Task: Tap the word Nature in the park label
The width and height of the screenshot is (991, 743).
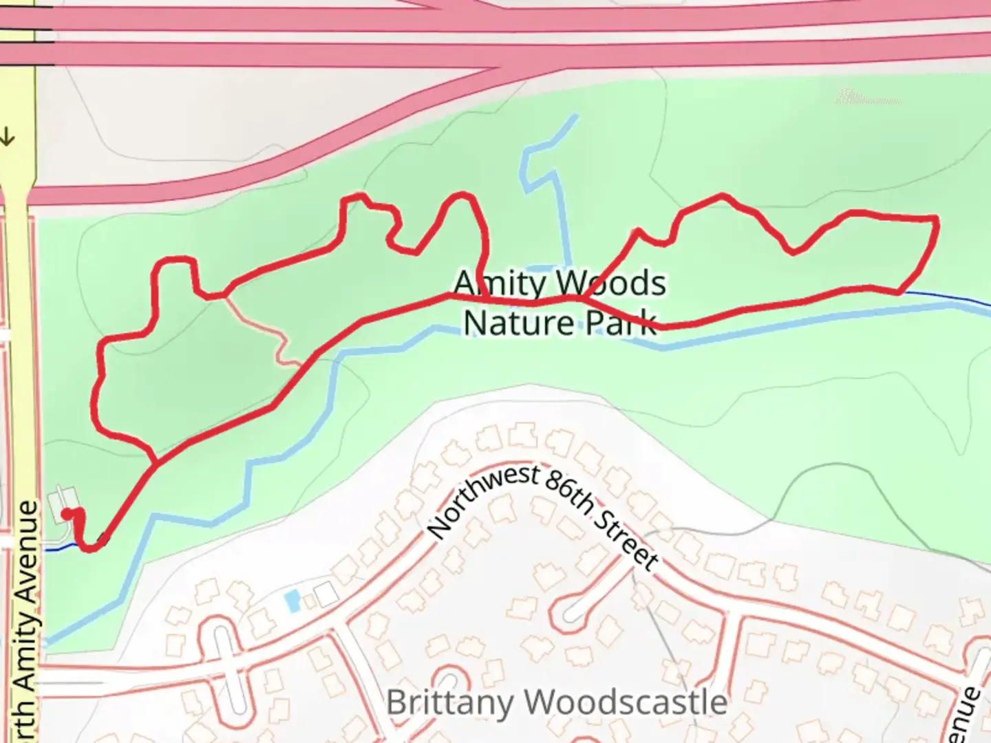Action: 509,323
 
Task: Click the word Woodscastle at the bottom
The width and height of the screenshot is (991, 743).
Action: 629,702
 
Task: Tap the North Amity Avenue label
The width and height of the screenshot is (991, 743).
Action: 27,619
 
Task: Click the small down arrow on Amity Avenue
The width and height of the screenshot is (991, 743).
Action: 8,137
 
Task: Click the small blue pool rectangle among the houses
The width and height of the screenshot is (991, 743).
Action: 292,601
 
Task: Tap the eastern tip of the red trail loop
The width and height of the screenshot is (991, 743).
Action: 936,220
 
